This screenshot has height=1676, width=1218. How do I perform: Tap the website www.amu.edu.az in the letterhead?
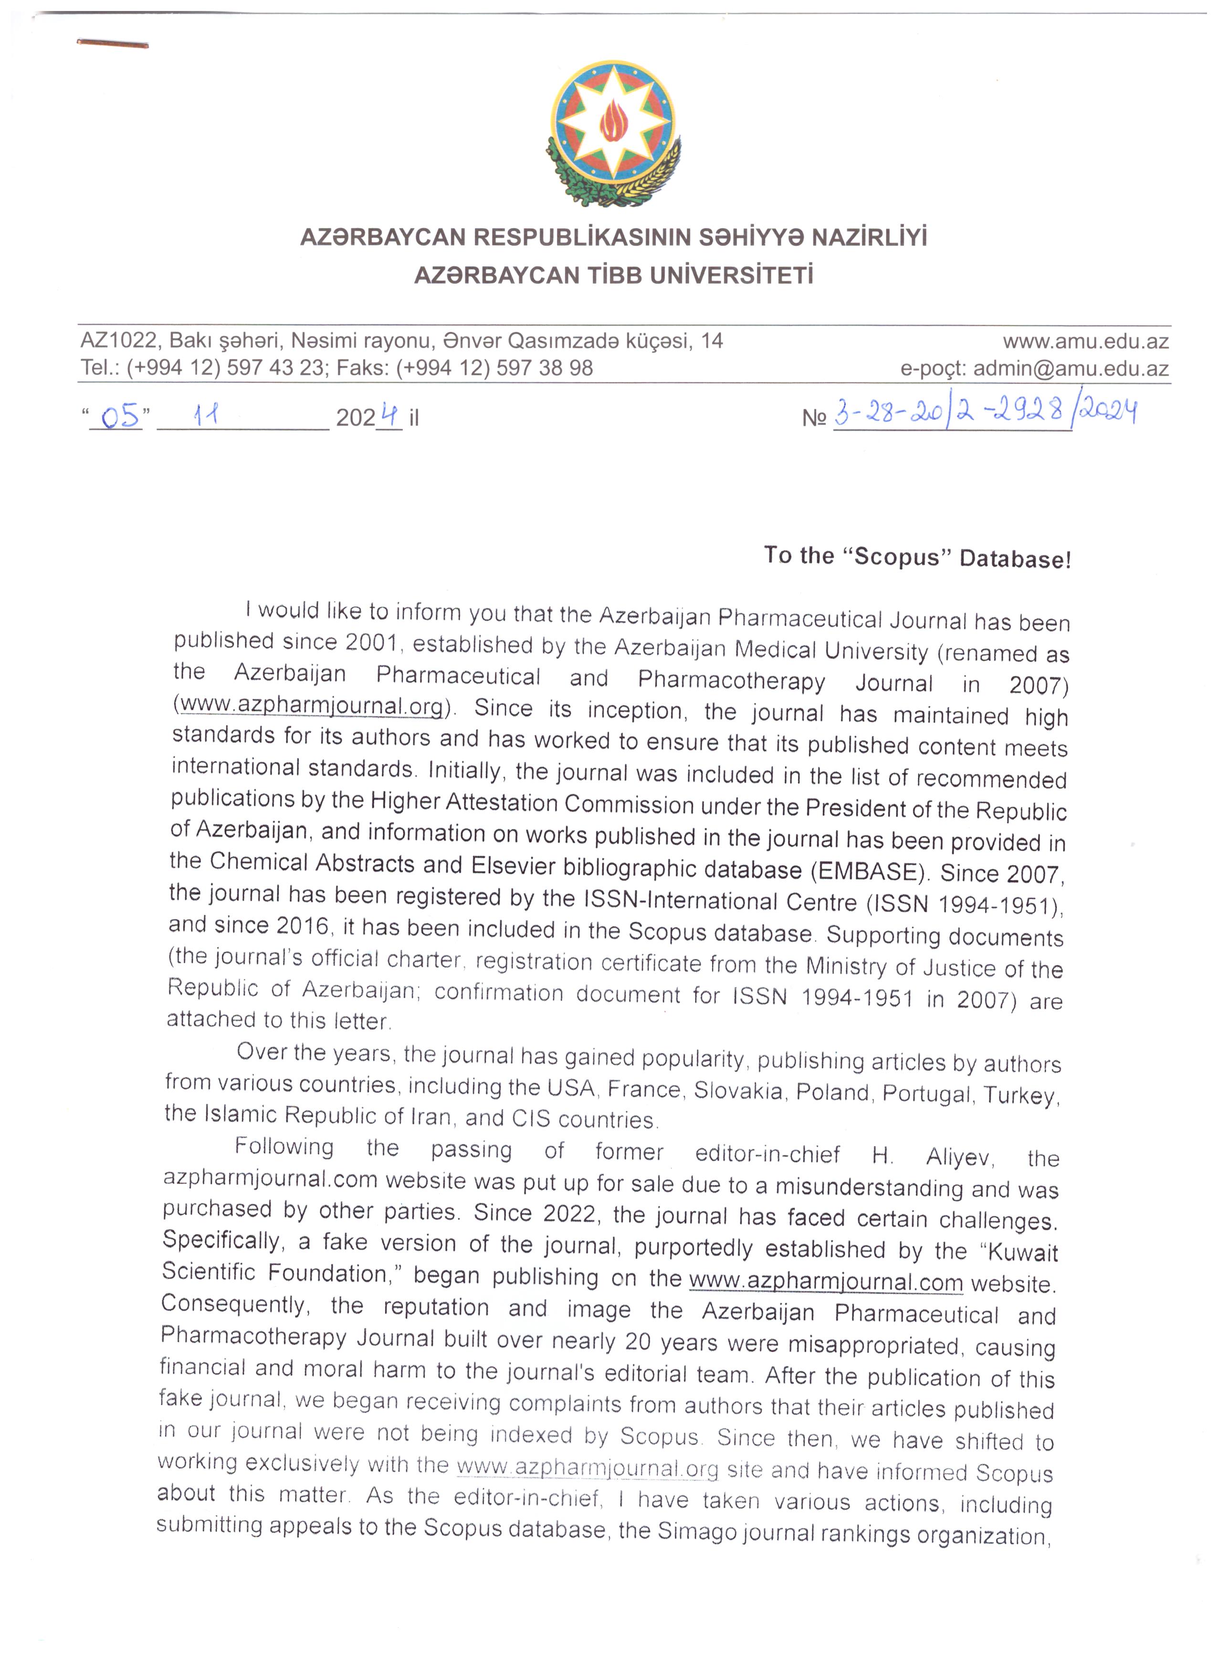[x=1085, y=341]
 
